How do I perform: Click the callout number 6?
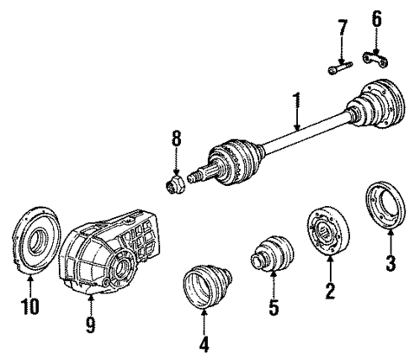click(376, 18)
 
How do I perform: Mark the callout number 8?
click(176, 138)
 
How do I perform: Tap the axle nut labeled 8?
click(176, 183)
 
